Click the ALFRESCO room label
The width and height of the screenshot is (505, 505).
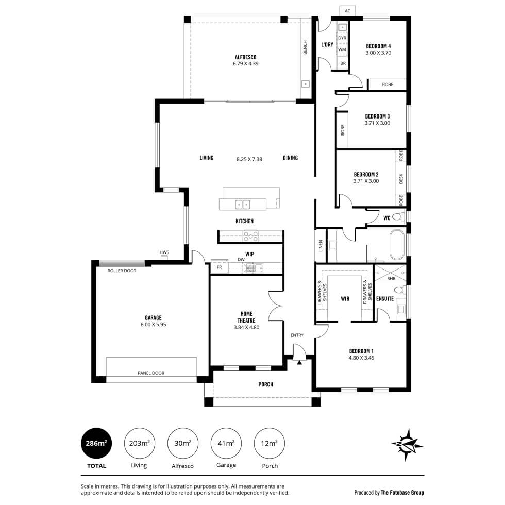coord(245,57)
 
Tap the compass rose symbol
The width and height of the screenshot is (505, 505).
coord(407,445)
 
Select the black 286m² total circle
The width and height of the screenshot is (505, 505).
coord(96,443)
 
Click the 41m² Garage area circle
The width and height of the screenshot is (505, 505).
coord(226,443)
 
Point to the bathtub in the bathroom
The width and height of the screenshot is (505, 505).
coord(397,245)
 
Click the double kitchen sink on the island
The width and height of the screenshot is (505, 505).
coord(243,205)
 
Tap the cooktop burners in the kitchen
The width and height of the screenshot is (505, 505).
coord(251,236)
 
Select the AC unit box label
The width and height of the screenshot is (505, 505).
coord(347,11)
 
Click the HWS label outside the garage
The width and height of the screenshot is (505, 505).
coord(164,252)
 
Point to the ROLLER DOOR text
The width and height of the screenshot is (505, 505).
coord(122,271)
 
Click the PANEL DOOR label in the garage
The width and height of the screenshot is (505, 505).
coord(151,373)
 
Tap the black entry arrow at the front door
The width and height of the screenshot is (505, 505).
coord(299,362)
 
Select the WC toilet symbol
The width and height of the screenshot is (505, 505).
coord(399,216)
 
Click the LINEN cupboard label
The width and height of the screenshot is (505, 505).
coord(321,246)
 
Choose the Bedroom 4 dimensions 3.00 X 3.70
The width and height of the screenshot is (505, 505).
coord(378,53)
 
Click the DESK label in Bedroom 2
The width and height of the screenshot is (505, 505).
coord(401,179)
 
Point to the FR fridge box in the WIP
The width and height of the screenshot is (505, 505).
coord(220,267)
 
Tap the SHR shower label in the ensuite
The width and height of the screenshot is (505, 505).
coord(391,279)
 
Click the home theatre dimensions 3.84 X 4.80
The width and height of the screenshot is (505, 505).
coord(246,327)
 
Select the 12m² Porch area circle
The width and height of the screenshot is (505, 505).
coord(269,443)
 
